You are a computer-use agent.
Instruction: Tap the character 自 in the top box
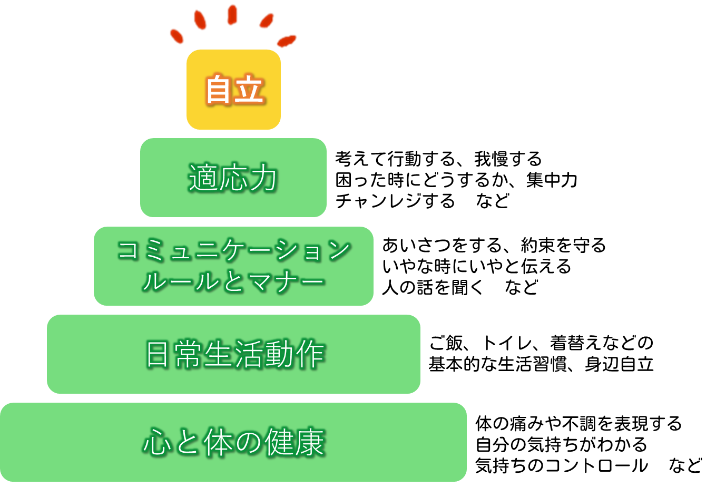[219, 90]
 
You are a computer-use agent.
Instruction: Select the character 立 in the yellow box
[249, 90]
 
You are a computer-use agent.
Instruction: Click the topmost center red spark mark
[232, 14]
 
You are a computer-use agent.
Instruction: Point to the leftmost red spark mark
[177, 36]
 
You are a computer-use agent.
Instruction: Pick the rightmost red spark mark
[287, 41]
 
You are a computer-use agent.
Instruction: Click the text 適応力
[233, 178]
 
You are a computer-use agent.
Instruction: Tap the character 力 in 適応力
[263, 178]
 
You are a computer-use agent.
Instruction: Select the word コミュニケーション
[233, 250]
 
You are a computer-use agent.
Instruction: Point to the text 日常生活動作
[234, 354]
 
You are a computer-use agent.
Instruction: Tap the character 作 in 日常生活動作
[310, 354]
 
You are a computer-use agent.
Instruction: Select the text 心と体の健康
[233, 442]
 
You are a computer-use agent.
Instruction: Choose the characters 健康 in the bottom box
[295, 442]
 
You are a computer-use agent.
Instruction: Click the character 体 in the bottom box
[218, 442]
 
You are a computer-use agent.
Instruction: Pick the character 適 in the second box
[203, 178]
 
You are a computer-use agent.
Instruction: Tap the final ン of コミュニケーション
[338, 250]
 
